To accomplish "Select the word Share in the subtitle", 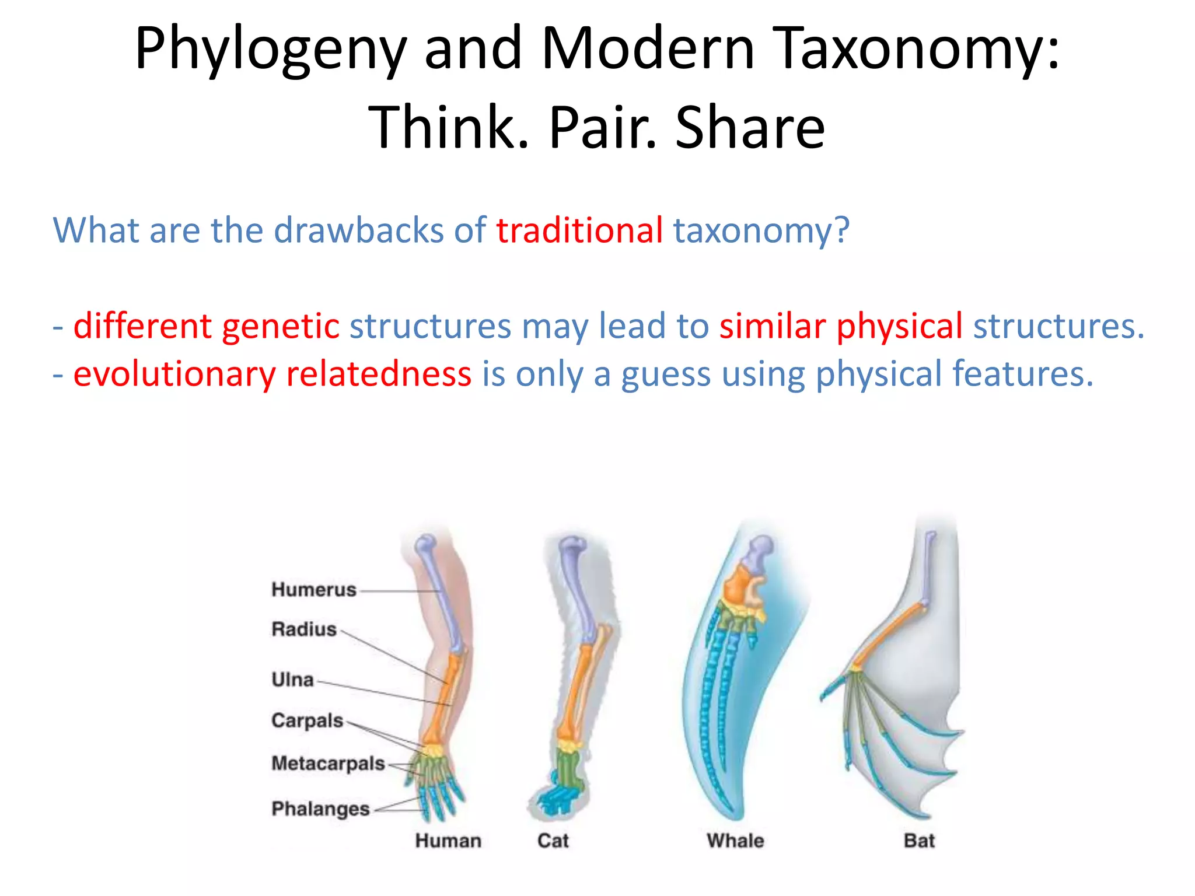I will [750, 128].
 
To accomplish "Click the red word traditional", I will [579, 230].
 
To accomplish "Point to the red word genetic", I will [280, 326].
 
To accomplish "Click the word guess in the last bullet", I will [666, 374].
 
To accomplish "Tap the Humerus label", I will [314, 590].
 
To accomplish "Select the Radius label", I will [304, 629].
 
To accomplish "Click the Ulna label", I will [292, 680].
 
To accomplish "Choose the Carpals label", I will [307, 721].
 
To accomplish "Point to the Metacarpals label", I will [328, 764].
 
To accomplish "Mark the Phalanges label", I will [320, 809].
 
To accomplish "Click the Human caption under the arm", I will [448, 841].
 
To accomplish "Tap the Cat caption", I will [553, 841].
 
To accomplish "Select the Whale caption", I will [735, 841].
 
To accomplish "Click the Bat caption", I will [919, 841].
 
